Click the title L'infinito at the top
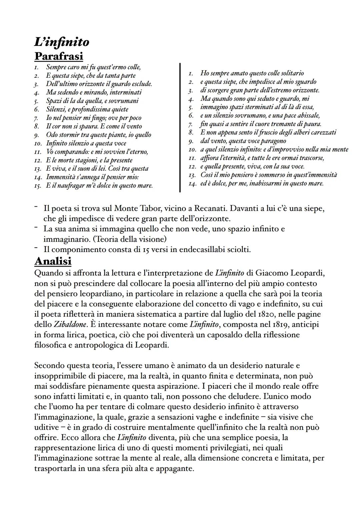62,42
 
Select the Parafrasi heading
59,56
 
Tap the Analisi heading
53,261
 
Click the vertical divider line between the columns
180,127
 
